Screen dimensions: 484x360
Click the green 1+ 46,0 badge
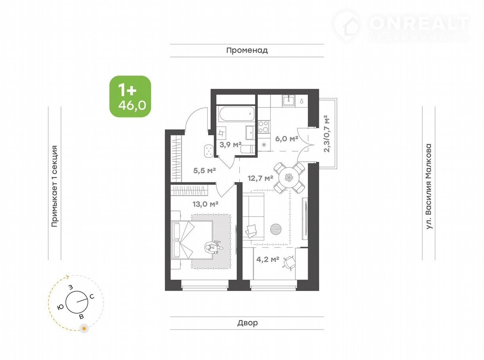130,96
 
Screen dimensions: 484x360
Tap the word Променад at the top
247,50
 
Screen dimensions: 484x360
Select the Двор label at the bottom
247,323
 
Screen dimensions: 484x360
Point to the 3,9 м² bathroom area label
230,144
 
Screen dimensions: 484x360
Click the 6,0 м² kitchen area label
287,138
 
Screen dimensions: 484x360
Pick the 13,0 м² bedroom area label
205,204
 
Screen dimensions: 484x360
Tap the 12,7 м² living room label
260,178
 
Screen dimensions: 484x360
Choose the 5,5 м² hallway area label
205,171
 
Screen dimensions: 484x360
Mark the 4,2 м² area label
268,260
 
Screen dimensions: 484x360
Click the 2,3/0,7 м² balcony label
326,134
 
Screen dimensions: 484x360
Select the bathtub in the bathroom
237,114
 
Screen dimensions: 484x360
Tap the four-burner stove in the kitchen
263,127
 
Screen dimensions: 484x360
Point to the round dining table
289,177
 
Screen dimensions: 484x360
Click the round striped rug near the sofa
275,229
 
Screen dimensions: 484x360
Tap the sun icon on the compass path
84,334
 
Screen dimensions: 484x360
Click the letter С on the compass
92,297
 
